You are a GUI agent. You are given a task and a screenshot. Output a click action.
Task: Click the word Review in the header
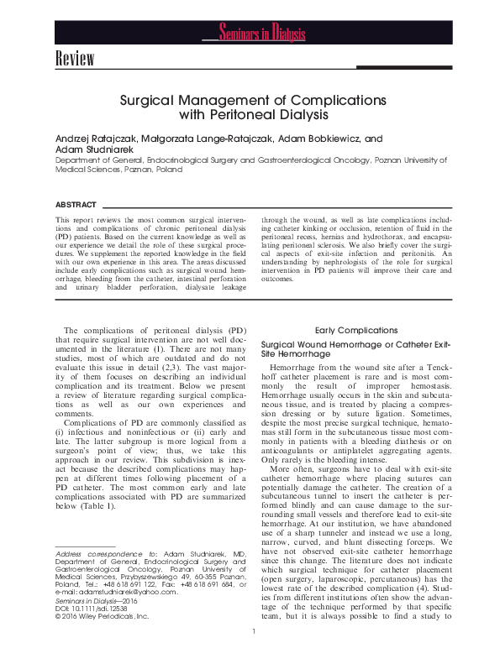pos(74,59)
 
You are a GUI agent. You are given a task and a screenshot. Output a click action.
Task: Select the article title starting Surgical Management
pos(252,106)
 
